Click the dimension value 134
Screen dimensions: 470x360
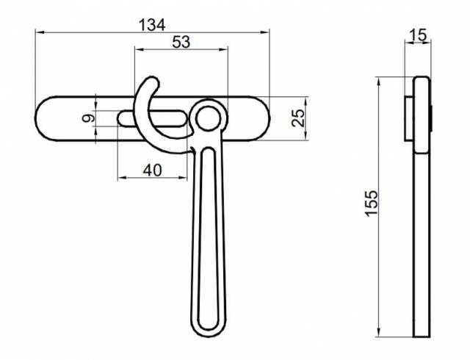point(152,25)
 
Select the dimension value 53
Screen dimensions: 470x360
point(181,43)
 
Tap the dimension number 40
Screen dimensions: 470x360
point(153,170)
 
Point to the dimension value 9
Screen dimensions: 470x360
point(87,118)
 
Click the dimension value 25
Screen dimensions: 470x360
point(298,118)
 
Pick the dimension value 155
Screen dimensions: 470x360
point(372,204)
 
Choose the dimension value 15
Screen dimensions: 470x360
point(418,35)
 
